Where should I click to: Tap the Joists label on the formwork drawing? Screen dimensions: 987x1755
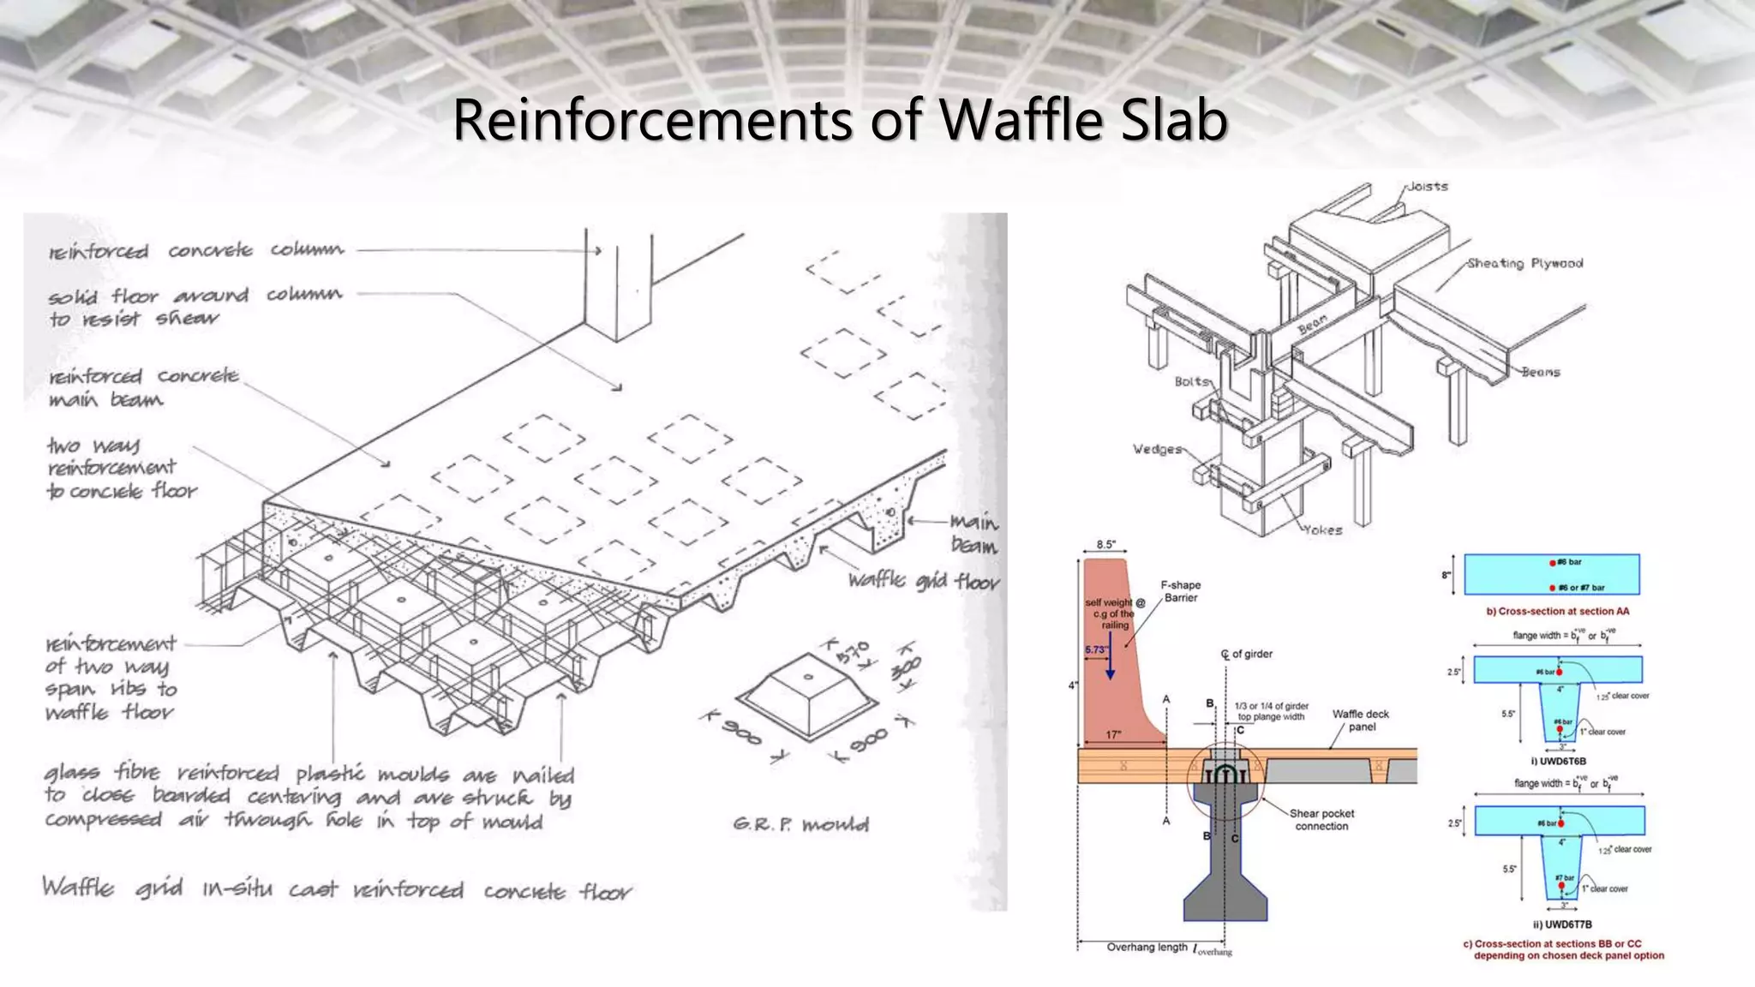pyautogui.click(x=1428, y=186)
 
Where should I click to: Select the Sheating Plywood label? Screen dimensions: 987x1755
pyautogui.click(x=1524, y=263)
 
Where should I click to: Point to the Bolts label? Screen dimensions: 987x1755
pyautogui.click(x=1192, y=381)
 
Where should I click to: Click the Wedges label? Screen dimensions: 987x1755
pyautogui.click(x=1157, y=449)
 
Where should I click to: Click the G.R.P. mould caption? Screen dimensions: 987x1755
pyautogui.click(x=800, y=824)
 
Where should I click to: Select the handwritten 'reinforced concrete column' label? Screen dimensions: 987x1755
pyautogui.click(x=196, y=250)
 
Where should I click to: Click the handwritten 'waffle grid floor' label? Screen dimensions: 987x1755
pyautogui.click(x=924, y=581)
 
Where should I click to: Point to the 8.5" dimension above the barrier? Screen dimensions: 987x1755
pyautogui.click(x=1105, y=545)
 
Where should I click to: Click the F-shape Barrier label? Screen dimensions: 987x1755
pyautogui.click(x=1181, y=591)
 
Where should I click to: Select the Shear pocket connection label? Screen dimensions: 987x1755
pyautogui.click(x=1321, y=820)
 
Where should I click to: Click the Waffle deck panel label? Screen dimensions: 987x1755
pyautogui.click(x=1361, y=721)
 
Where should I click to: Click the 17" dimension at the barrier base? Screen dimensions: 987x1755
pyautogui.click(x=1113, y=735)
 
